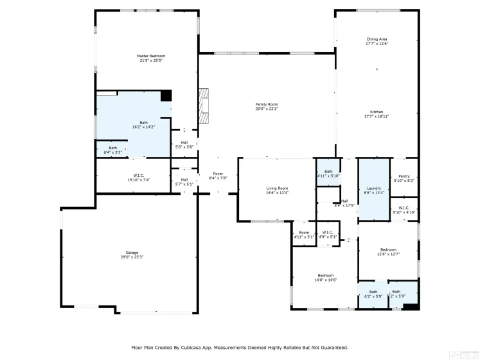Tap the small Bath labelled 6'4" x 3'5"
pyautogui.click(x=112, y=150)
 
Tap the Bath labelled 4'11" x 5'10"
pyautogui.click(x=328, y=173)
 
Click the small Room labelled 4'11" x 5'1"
pyautogui.click(x=303, y=234)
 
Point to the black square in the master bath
pyautogui.click(x=166, y=96)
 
